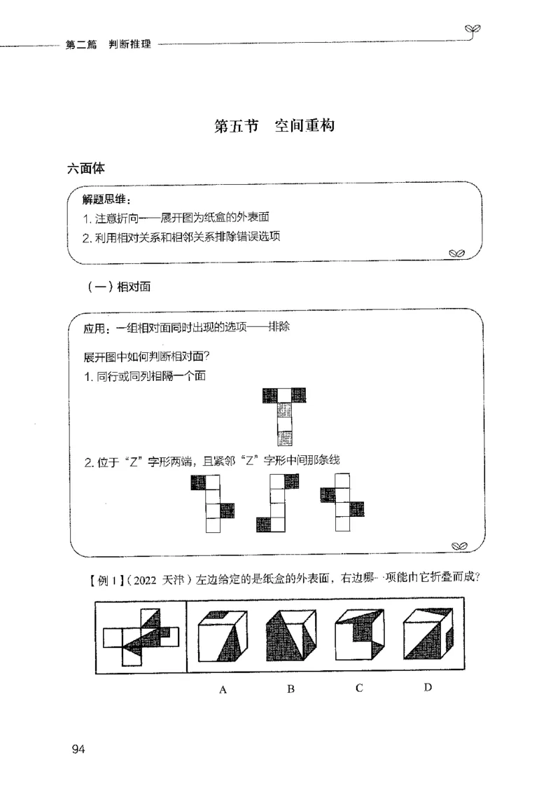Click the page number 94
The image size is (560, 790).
coord(77,750)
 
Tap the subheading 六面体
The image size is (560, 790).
coord(86,168)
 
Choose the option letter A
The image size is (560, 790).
coord(223,689)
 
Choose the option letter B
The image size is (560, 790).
coord(290,689)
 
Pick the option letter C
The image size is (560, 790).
coord(358,688)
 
